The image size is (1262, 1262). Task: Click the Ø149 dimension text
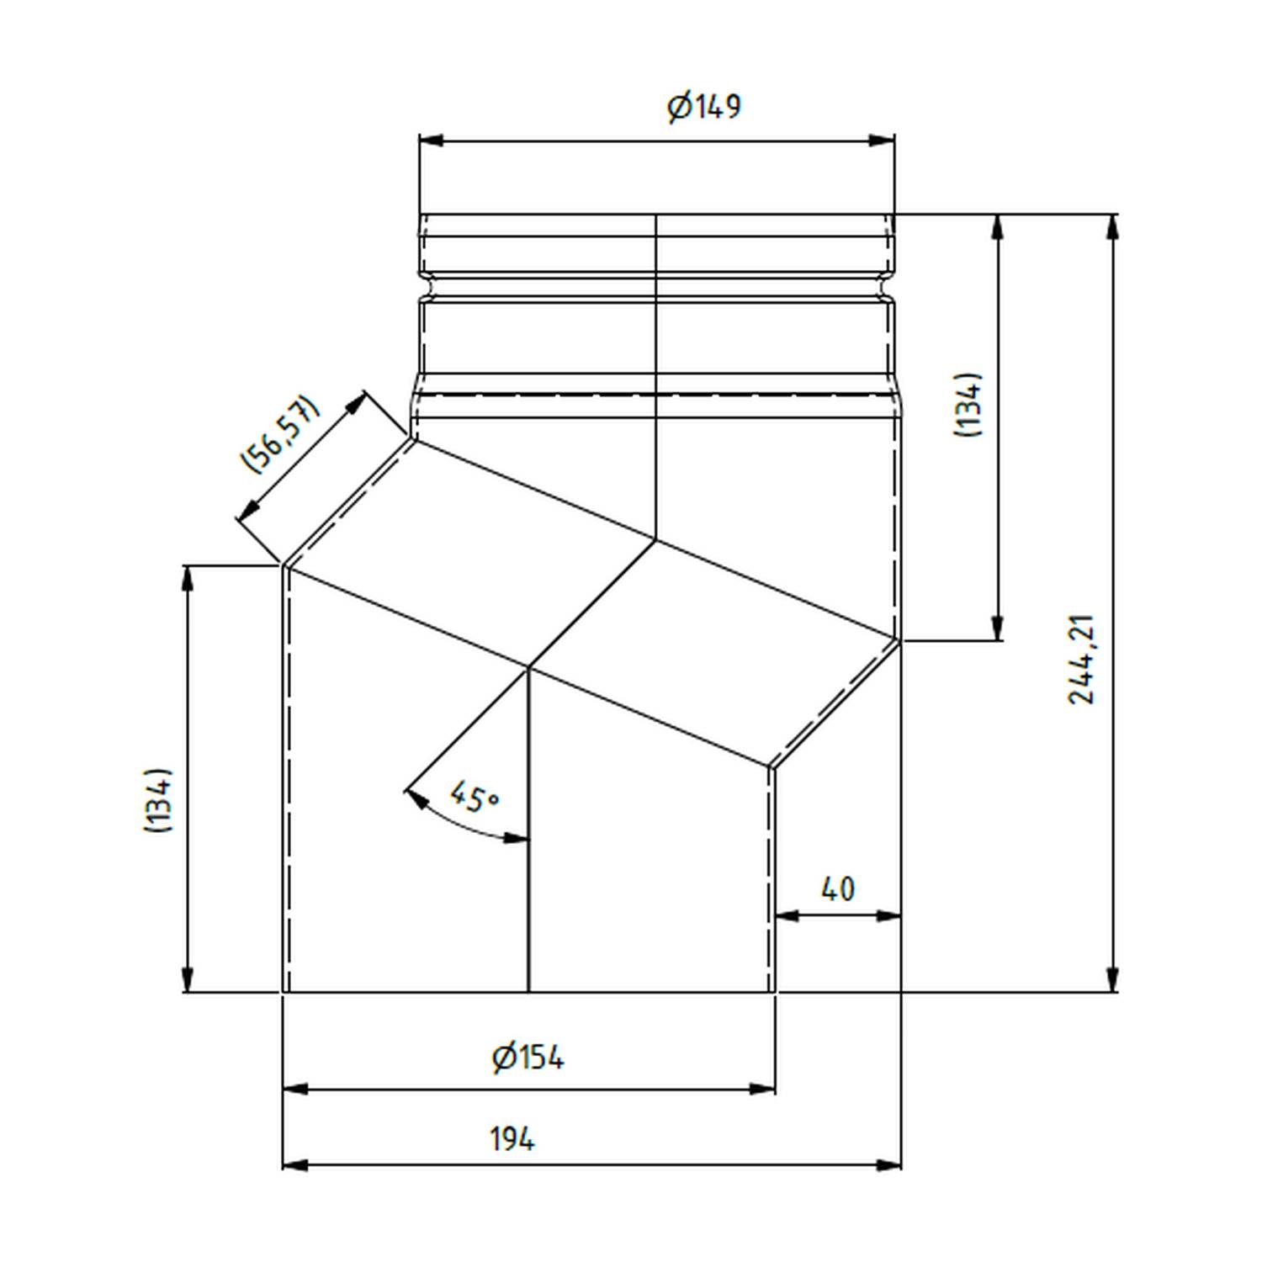pyautogui.click(x=705, y=107)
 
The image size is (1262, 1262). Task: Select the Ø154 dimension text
pyautogui.click(x=528, y=1058)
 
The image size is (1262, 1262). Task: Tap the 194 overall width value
pyautogui.click(x=512, y=1139)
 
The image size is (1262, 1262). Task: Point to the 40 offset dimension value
pyautogui.click(x=837, y=889)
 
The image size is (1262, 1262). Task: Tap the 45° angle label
pyautogui.click(x=473, y=796)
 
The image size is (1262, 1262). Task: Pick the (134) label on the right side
pyautogui.click(x=968, y=405)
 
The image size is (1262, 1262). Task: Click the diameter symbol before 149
pyautogui.click(x=679, y=108)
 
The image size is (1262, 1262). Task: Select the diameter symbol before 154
pyautogui.click(x=503, y=1058)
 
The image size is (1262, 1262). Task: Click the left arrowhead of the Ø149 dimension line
pyautogui.click(x=432, y=141)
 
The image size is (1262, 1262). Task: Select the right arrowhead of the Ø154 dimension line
pyautogui.click(x=762, y=1090)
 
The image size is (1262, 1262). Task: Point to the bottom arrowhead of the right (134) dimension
pyautogui.click(x=998, y=628)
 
